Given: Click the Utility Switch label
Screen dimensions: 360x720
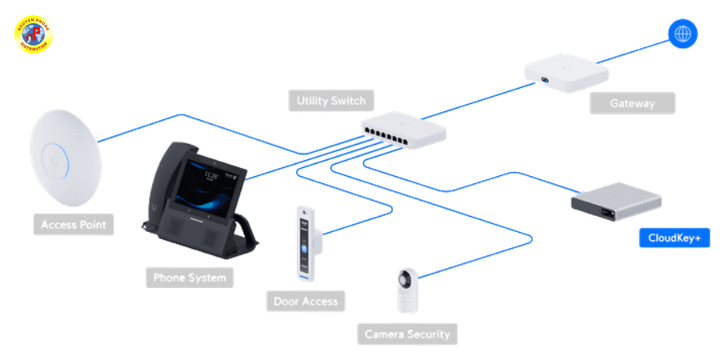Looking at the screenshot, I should coord(330,101).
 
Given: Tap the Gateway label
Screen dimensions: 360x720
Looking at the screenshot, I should coord(632,103).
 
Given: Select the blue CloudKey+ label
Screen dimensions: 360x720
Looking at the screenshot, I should coord(674,238).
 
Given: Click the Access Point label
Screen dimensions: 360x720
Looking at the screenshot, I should coord(73,225).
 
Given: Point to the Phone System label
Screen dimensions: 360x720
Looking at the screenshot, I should coord(190,278).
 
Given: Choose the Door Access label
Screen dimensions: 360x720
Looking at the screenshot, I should coord(305,302).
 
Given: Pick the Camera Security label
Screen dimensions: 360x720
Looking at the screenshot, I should coord(407,334).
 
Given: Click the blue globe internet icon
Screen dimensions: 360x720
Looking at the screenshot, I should coord(683,34).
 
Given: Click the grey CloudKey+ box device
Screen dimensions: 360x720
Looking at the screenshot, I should coord(617,201).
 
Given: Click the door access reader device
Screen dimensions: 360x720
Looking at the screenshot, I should coord(305,243).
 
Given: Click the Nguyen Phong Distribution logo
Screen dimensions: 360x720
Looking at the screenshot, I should coord(33,34).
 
